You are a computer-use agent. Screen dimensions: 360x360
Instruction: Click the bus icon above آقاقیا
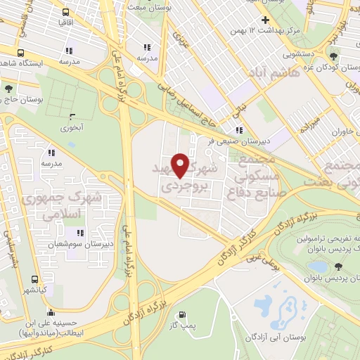(x=65, y=13)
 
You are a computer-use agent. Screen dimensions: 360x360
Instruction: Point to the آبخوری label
(x=72, y=128)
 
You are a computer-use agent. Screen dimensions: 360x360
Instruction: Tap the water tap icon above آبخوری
(x=72, y=116)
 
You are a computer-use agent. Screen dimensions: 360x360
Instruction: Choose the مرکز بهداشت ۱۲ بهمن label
(x=273, y=31)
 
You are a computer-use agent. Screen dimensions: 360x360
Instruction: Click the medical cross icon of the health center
(x=265, y=20)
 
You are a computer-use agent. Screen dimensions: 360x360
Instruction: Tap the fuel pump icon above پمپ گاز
(x=184, y=315)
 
